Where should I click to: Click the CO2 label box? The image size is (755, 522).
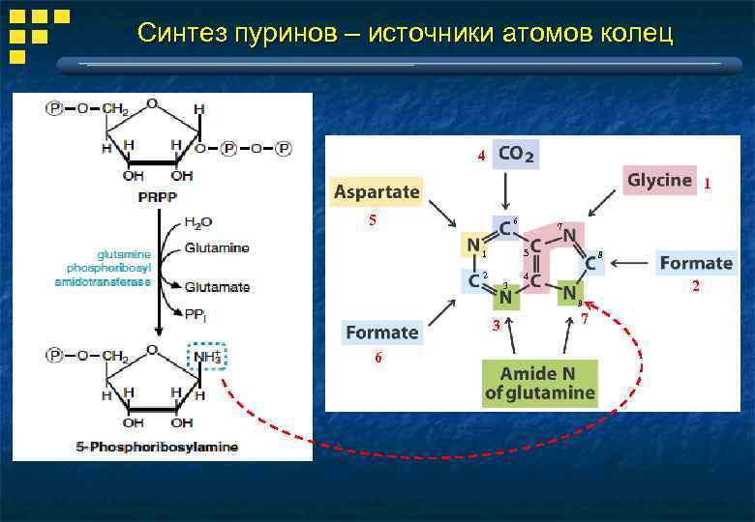point(517,155)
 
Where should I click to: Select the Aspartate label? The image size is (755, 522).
point(377,191)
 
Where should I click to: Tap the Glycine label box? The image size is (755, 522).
point(659,180)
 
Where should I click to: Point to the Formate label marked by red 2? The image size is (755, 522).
point(695,263)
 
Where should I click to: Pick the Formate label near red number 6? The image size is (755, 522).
point(382,333)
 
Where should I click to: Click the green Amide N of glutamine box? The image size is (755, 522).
point(540,384)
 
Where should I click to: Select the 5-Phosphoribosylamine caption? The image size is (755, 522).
point(158,448)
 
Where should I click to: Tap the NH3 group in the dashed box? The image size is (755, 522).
point(207,357)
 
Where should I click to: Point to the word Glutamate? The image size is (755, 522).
point(217,287)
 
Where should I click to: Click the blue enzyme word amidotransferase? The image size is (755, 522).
point(104,281)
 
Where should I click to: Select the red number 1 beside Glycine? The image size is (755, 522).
point(709,183)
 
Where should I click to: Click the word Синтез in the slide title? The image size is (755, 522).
point(180,35)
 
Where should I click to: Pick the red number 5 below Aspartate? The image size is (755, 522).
point(372,220)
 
